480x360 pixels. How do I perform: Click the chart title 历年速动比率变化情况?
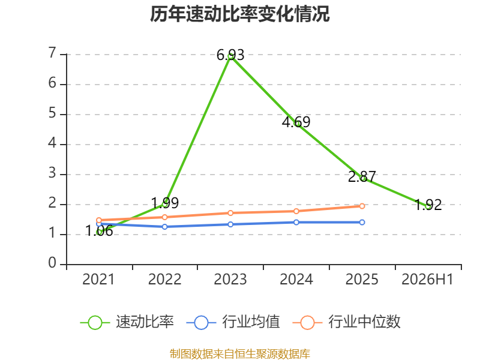(x=239, y=14)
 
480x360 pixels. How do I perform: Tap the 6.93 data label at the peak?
(x=230, y=55)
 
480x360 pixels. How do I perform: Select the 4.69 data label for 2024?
(x=296, y=122)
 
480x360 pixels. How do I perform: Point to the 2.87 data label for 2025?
(x=362, y=176)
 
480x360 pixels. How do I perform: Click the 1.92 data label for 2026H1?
(x=428, y=205)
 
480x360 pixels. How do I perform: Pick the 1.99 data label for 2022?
(x=164, y=203)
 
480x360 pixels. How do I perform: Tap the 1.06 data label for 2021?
(x=99, y=231)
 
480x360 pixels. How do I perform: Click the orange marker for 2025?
(x=362, y=206)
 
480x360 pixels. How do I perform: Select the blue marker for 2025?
(x=362, y=222)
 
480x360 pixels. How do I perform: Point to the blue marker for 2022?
(x=164, y=227)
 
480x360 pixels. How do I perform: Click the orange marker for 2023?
(x=230, y=213)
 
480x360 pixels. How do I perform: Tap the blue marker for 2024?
(x=296, y=222)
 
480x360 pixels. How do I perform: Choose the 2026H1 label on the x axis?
(x=427, y=280)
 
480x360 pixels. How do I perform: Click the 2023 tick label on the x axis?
(x=230, y=280)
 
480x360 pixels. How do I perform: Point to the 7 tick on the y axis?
(x=52, y=53)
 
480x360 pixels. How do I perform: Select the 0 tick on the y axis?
(x=52, y=263)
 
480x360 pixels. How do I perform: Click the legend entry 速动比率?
(x=127, y=322)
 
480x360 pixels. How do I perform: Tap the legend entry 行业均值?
(x=233, y=322)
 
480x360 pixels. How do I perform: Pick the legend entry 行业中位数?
(x=347, y=322)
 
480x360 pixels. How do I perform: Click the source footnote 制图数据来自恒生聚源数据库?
(x=239, y=353)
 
